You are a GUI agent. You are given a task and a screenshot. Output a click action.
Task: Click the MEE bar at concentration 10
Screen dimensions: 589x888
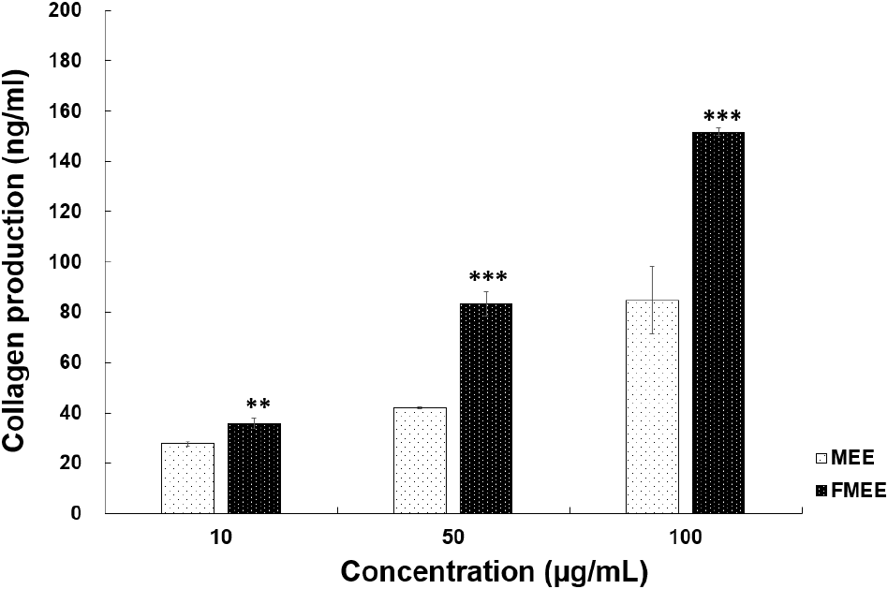click(187, 479)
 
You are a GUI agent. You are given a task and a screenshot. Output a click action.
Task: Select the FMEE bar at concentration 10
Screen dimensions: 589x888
click(254, 468)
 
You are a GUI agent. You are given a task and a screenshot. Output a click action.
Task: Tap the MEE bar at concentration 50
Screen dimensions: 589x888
click(420, 461)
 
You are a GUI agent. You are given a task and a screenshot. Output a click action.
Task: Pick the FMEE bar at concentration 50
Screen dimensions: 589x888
click(486, 408)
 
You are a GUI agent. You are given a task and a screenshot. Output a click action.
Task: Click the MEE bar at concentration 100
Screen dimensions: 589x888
click(652, 406)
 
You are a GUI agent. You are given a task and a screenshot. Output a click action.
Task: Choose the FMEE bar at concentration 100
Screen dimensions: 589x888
click(718, 323)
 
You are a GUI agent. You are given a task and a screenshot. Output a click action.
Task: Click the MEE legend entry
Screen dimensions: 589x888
click(848, 459)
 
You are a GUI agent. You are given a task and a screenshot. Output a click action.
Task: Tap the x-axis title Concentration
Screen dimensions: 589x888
click(493, 570)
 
